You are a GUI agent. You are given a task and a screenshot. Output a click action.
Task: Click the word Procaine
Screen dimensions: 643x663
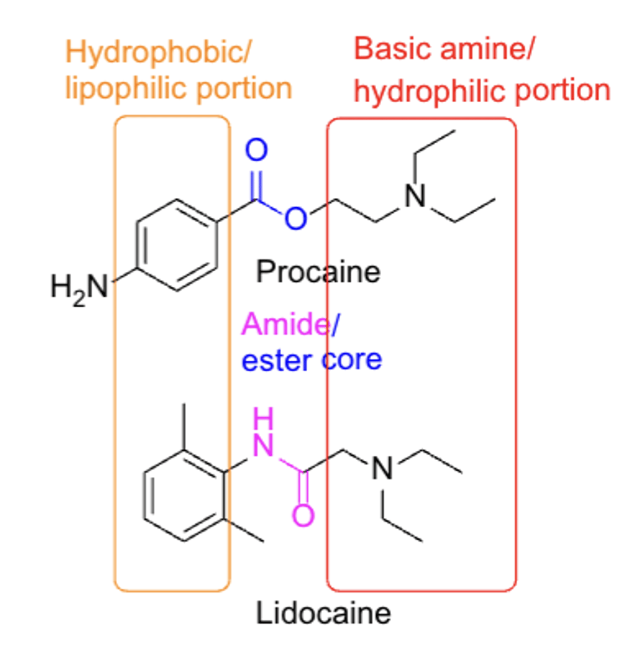[318, 272]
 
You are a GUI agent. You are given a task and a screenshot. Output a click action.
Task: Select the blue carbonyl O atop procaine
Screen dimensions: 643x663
[256, 150]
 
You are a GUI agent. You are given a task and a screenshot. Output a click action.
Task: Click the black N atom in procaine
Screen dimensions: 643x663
[415, 196]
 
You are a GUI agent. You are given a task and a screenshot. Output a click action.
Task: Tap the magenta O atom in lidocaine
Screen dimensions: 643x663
[303, 516]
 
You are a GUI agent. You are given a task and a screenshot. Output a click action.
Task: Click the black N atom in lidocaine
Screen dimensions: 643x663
[383, 469]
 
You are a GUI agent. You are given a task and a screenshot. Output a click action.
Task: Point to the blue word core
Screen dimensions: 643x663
[352, 360]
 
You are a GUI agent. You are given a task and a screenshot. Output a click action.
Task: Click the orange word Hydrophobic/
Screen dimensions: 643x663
[159, 53]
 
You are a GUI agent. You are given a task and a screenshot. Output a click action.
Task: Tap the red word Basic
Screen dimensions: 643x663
[393, 50]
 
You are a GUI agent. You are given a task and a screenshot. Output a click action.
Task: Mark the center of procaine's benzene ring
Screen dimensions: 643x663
[176, 245]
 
